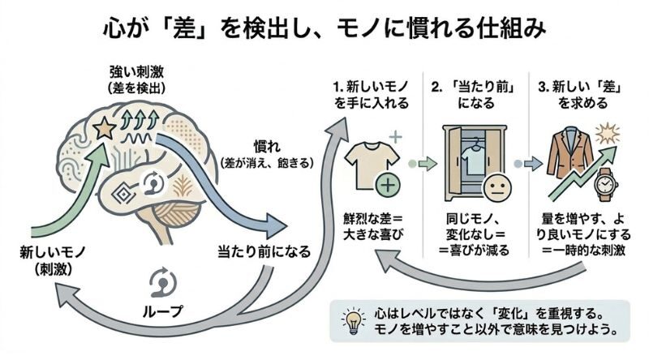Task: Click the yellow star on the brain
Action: click(104, 127)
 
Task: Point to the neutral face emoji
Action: click(495, 189)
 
